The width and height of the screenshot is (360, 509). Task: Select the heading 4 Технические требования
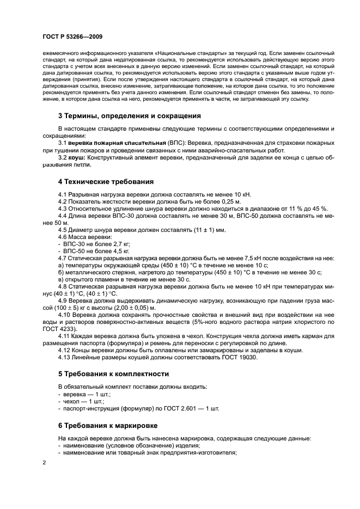pyautogui.click(x=106, y=181)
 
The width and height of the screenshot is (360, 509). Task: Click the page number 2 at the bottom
pyautogui.click(x=45, y=462)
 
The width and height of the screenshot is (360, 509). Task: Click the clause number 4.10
pyautogui.click(x=65, y=315)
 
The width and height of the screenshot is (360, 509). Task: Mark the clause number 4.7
pyautogui.click(x=63, y=259)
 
